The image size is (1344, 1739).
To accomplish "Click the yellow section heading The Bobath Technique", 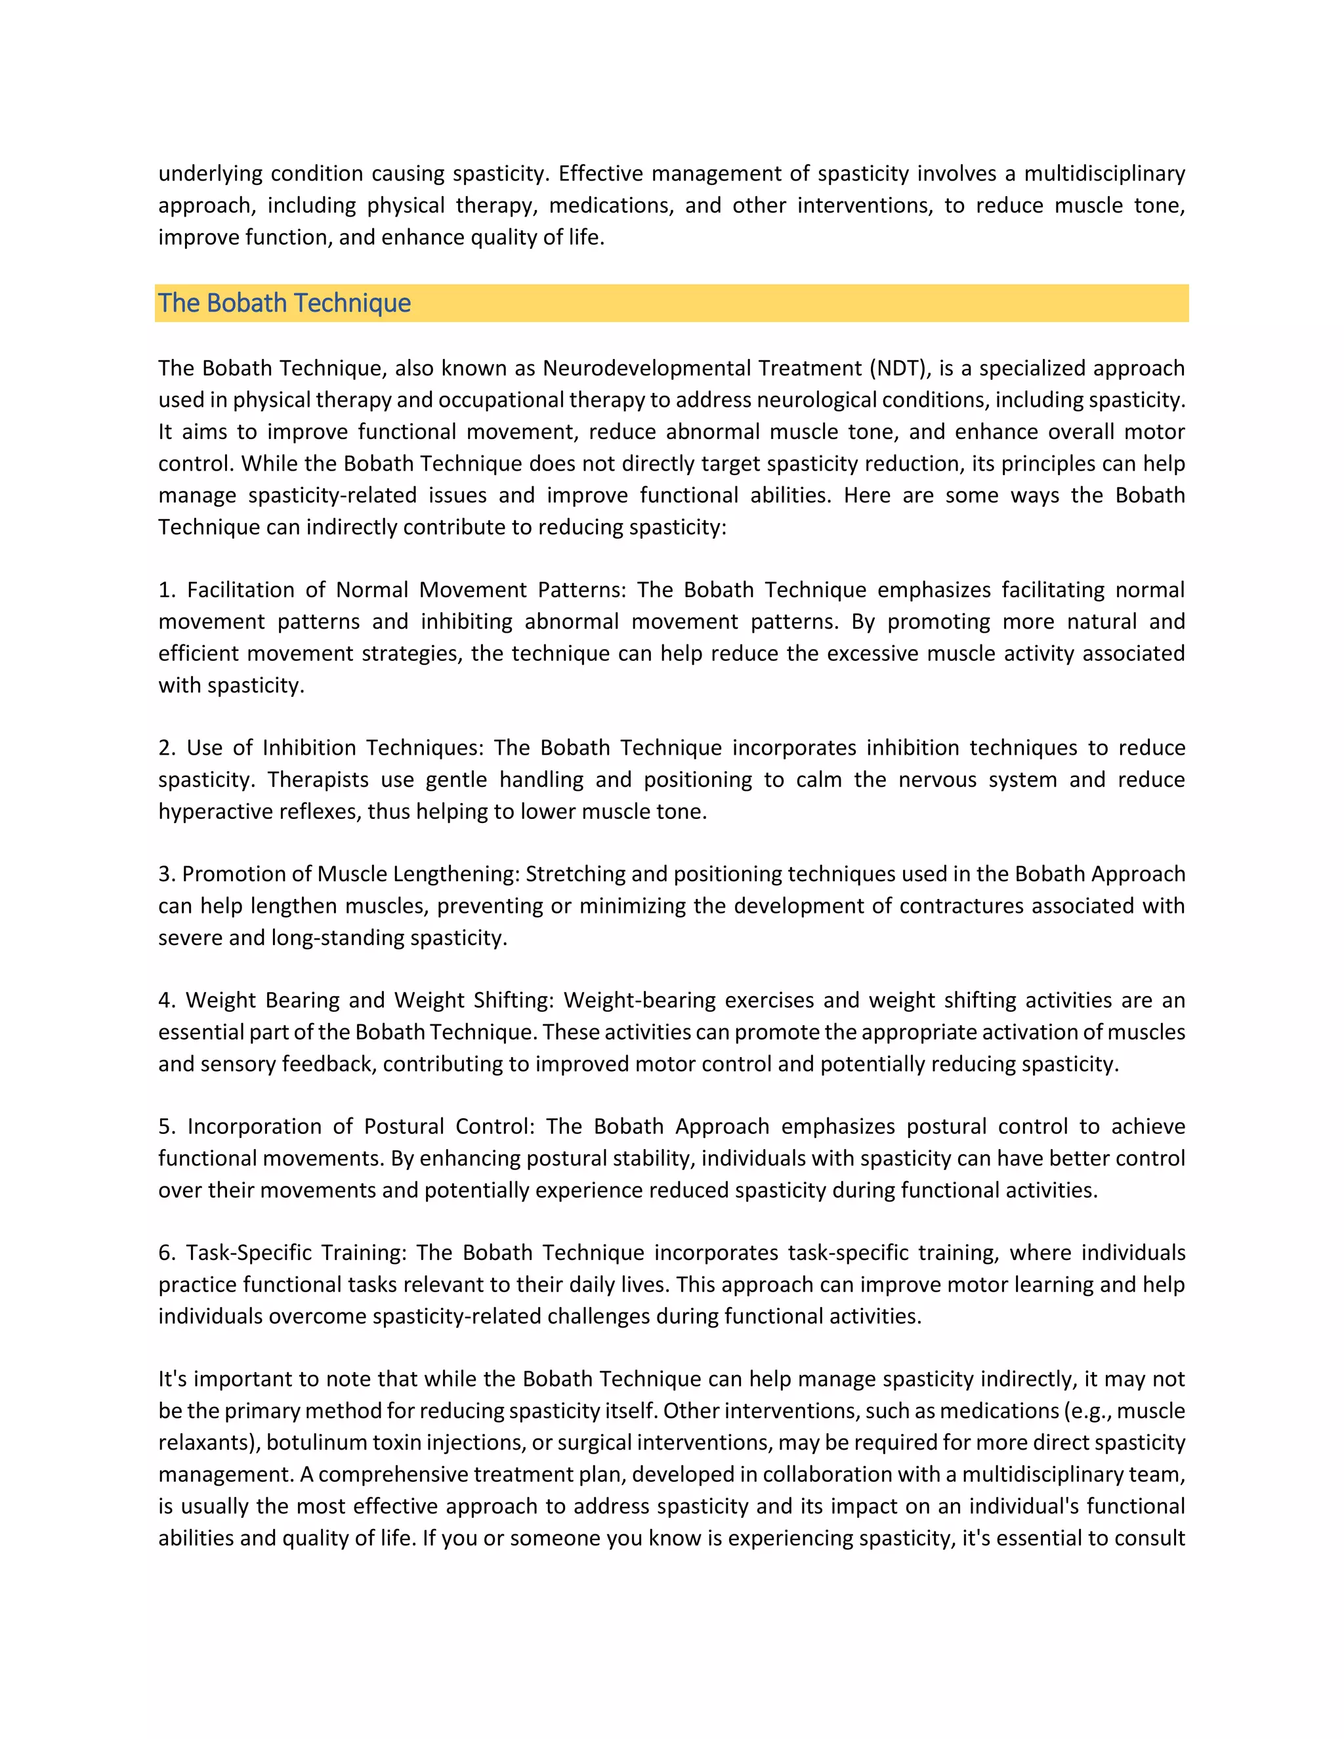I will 284,303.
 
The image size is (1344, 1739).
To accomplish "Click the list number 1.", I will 165,590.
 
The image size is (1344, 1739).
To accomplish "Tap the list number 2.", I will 165,747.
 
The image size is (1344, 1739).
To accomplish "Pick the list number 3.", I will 165,874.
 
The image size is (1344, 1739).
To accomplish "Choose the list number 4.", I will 165,1000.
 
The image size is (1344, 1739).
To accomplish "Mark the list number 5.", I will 165,1127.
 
